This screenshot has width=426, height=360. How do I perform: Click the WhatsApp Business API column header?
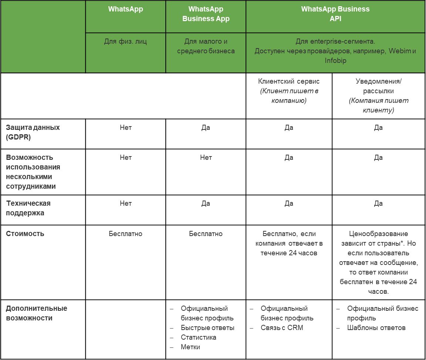[x=335, y=14]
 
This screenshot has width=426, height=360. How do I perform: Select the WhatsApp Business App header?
[x=206, y=14]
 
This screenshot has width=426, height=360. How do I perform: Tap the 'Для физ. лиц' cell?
[x=125, y=41]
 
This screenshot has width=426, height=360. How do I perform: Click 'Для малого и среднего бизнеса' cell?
[x=206, y=46]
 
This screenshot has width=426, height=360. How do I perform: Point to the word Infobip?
[x=335, y=60]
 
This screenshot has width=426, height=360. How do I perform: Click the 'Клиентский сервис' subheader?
[x=289, y=81]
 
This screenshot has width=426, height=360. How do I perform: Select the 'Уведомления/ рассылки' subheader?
[x=378, y=86]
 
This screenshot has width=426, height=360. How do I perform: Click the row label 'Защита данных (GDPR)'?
[x=33, y=132]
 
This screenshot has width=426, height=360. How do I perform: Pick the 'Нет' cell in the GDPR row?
[x=125, y=128]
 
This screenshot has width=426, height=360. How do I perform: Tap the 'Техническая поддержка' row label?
[x=28, y=208]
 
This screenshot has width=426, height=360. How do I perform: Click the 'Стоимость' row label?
[x=25, y=234]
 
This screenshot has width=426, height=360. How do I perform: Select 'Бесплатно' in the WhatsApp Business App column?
[x=206, y=234]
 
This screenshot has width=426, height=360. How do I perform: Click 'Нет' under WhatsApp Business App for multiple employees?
[x=206, y=158]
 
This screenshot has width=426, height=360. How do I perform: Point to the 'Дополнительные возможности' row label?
[x=37, y=313]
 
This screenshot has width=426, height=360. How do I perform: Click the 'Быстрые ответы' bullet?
[x=207, y=328]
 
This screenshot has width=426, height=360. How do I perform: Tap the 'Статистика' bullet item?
[x=199, y=337]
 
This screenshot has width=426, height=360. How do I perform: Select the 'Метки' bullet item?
[x=190, y=347]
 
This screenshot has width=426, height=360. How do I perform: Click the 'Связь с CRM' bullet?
[x=282, y=328]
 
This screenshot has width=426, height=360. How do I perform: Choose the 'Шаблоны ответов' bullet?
[x=376, y=328]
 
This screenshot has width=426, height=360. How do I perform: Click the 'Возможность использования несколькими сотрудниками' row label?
[x=33, y=172]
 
